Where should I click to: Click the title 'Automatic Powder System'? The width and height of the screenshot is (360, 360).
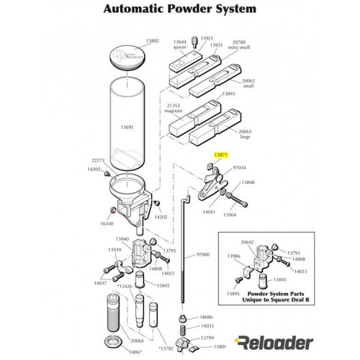click(179, 9)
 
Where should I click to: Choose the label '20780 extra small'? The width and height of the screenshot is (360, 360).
click(244, 45)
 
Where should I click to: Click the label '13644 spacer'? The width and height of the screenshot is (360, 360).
click(180, 45)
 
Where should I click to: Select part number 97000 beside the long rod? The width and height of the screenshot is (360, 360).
click(203, 255)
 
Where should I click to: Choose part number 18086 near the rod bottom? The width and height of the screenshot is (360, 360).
click(206, 317)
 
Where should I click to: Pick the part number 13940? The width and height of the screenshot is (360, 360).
click(122, 239)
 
